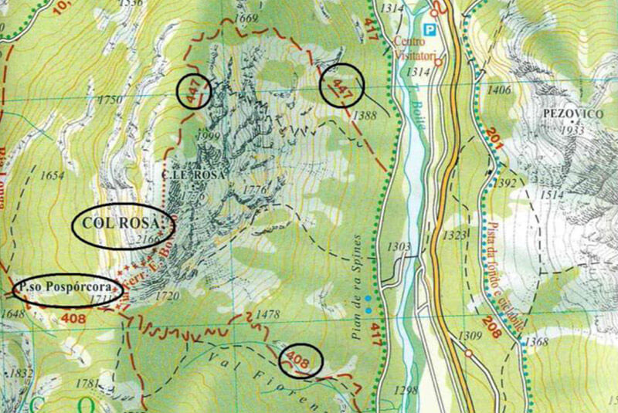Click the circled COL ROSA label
click(123, 225)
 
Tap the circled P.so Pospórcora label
click(68, 290)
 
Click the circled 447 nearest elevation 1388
click(341, 86)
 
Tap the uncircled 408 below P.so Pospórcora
click(53, 317)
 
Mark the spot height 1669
click(247, 18)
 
